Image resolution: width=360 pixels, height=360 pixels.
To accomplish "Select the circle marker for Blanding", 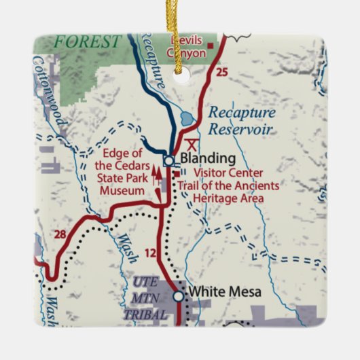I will (x=168, y=161).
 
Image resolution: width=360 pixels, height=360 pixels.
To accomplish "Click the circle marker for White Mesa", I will (x=178, y=295).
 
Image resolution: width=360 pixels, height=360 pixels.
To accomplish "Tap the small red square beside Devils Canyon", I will (x=211, y=46).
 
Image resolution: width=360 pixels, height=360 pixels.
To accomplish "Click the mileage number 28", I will (x=60, y=235).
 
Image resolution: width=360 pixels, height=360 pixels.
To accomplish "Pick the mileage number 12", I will (x=151, y=253).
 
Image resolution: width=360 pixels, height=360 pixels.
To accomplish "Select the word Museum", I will (x=122, y=191).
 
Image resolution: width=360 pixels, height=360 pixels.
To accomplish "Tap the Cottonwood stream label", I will (x=49, y=92).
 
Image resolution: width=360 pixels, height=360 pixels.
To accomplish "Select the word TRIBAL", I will (x=145, y=314).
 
